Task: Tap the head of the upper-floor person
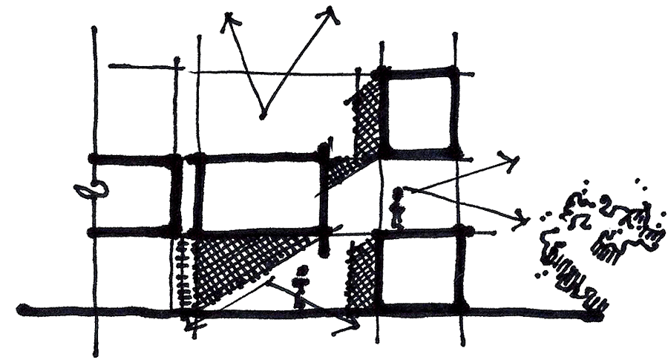coord(399,194)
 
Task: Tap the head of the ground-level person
coord(301,272)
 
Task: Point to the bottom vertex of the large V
coord(261,117)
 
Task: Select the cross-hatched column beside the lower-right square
coord(360,271)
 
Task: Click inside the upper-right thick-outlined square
coord(419,111)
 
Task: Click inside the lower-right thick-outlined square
coord(422,270)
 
